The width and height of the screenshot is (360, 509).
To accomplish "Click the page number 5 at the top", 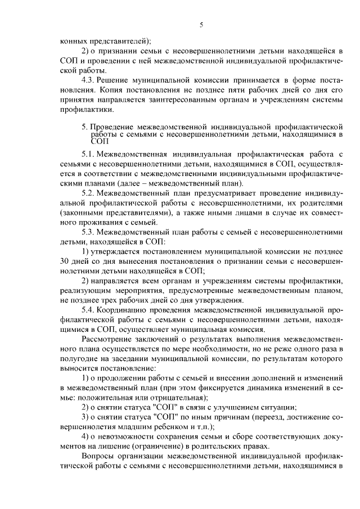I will point(201,24).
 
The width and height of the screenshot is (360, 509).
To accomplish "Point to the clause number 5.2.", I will point(89,193).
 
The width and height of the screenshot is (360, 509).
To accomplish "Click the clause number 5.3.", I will point(89,234).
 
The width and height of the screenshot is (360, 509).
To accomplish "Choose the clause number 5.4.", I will point(89,310).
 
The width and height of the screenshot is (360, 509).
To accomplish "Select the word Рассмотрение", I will point(110,340).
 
